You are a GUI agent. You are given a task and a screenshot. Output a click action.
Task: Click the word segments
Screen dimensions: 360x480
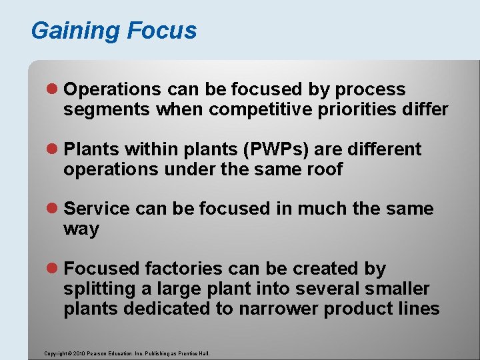(107, 110)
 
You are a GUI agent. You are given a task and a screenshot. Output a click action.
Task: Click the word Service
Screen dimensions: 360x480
(97, 209)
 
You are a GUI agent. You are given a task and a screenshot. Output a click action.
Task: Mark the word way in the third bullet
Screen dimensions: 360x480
(81, 230)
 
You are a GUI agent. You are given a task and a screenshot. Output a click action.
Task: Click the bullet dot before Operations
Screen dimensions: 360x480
(54, 89)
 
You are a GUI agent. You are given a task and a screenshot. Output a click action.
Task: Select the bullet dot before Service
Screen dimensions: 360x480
(54, 209)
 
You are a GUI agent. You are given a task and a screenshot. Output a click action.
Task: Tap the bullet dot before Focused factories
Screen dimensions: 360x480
(54, 269)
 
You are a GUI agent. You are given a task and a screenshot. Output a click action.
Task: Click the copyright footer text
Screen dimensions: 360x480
(127, 353)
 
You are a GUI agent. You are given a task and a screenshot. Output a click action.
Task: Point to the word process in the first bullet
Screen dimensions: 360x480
(370, 89)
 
